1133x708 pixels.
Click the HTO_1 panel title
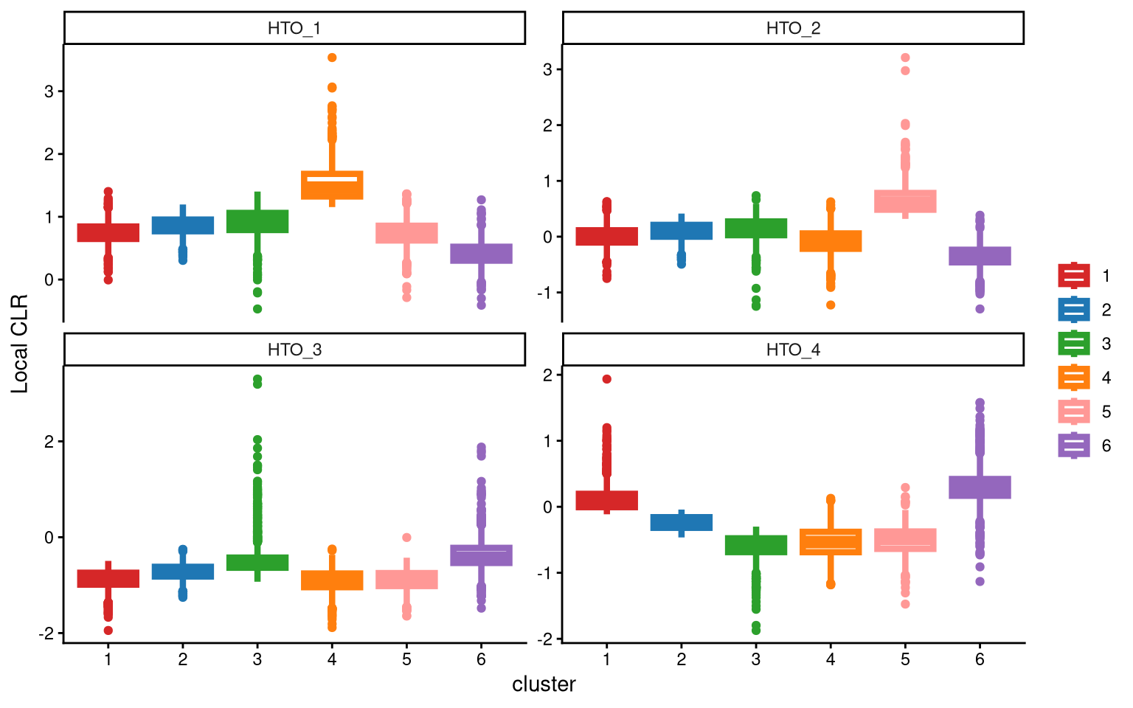tap(294, 29)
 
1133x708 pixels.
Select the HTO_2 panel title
tap(793, 29)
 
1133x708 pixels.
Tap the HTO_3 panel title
tap(294, 350)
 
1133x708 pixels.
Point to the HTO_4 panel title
tap(793, 350)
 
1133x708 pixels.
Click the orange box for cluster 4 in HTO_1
tap(332, 185)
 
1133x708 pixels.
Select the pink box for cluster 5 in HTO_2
tap(905, 201)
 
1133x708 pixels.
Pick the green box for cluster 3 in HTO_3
tap(257, 562)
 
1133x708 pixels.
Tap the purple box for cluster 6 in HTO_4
tap(980, 487)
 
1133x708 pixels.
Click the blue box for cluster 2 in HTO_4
tap(681, 522)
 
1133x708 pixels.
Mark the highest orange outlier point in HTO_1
tap(332, 58)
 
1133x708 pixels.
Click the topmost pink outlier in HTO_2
tap(905, 58)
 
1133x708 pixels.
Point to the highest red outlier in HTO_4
tap(606, 379)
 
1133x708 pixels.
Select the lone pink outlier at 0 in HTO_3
tap(406, 538)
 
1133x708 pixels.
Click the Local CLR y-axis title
tap(20, 344)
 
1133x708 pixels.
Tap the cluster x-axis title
tap(544, 684)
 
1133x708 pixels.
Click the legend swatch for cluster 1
tap(1074, 276)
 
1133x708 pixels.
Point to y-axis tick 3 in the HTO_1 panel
tap(49, 91)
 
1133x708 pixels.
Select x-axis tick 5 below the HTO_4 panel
tap(905, 659)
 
